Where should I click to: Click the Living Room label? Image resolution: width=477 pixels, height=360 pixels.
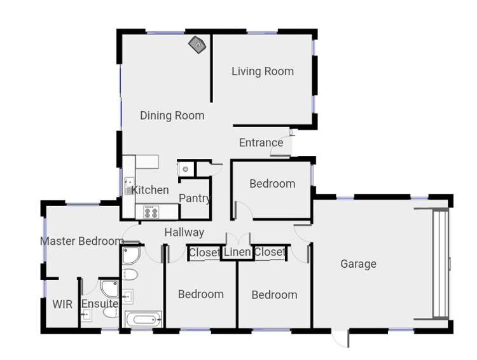[x=262, y=71]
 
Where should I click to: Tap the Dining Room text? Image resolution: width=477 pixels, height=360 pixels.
[x=172, y=115]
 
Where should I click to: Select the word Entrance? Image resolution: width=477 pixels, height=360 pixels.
[x=261, y=142]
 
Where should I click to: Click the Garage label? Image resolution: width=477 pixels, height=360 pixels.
[x=358, y=264]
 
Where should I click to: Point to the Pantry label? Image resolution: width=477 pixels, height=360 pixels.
[x=195, y=198]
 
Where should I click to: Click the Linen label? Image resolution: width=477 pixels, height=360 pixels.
[x=237, y=253]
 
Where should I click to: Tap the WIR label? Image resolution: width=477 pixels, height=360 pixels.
[x=62, y=304]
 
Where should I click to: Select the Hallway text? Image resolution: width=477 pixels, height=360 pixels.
[x=184, y=233]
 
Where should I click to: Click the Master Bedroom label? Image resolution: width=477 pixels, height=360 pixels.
[x=81, y=241]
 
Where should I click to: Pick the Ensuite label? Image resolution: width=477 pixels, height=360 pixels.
[x=100, y=304]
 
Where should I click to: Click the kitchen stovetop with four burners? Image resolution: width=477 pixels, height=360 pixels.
[x=151, y=212]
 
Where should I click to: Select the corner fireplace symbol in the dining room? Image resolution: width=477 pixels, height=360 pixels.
[x=197, y=45]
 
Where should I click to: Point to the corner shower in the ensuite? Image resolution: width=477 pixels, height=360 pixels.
[x=110, y=288]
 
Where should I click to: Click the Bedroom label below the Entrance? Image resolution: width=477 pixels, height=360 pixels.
[x=272, y=184]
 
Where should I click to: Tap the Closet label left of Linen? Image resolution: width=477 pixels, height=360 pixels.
[x=205, y=253]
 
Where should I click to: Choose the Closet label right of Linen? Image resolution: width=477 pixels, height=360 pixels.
[x=270, y=253]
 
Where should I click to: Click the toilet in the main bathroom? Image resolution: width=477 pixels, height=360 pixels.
[x=130, y=275]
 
